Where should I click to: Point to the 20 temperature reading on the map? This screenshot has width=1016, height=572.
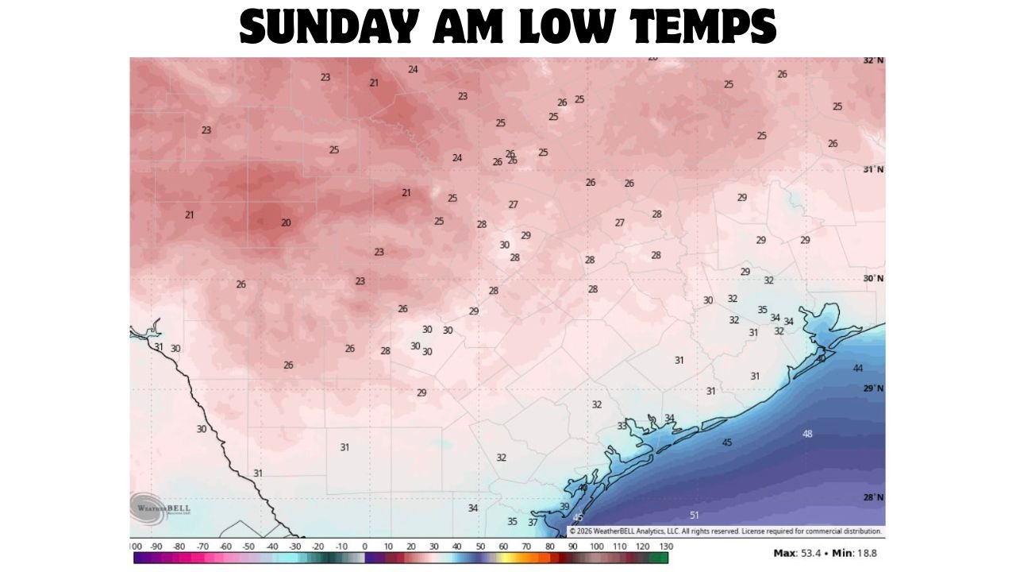286,222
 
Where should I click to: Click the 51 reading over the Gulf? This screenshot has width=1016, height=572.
695,515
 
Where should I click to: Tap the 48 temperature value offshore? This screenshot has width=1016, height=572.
807,434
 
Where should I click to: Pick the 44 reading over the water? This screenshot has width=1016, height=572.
858,368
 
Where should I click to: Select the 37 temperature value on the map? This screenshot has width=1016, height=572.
533,522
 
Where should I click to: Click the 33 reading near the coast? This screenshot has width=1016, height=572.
622,426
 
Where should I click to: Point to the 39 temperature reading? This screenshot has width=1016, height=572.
564,506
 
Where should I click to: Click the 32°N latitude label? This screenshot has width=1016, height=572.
873,60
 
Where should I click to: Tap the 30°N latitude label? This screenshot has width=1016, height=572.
873,279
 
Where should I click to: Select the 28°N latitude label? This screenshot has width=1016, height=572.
873,497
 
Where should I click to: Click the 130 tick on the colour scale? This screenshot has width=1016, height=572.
665,547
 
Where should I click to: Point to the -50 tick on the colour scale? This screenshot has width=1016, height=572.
248,547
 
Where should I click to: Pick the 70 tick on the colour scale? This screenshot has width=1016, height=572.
526,547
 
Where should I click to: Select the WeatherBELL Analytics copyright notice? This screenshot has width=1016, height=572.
725,531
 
